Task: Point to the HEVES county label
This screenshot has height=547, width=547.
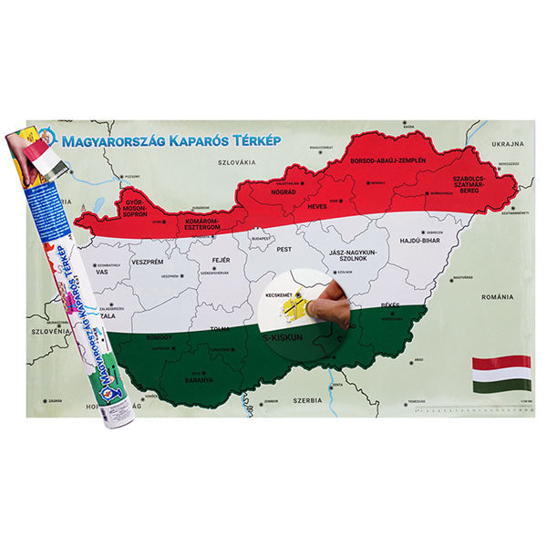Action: [315, 207]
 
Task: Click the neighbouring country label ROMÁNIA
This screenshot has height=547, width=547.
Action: [499, 297]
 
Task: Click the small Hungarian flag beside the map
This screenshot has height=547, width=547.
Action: [501, 373]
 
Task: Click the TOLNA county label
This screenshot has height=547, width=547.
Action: [219, 330]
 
